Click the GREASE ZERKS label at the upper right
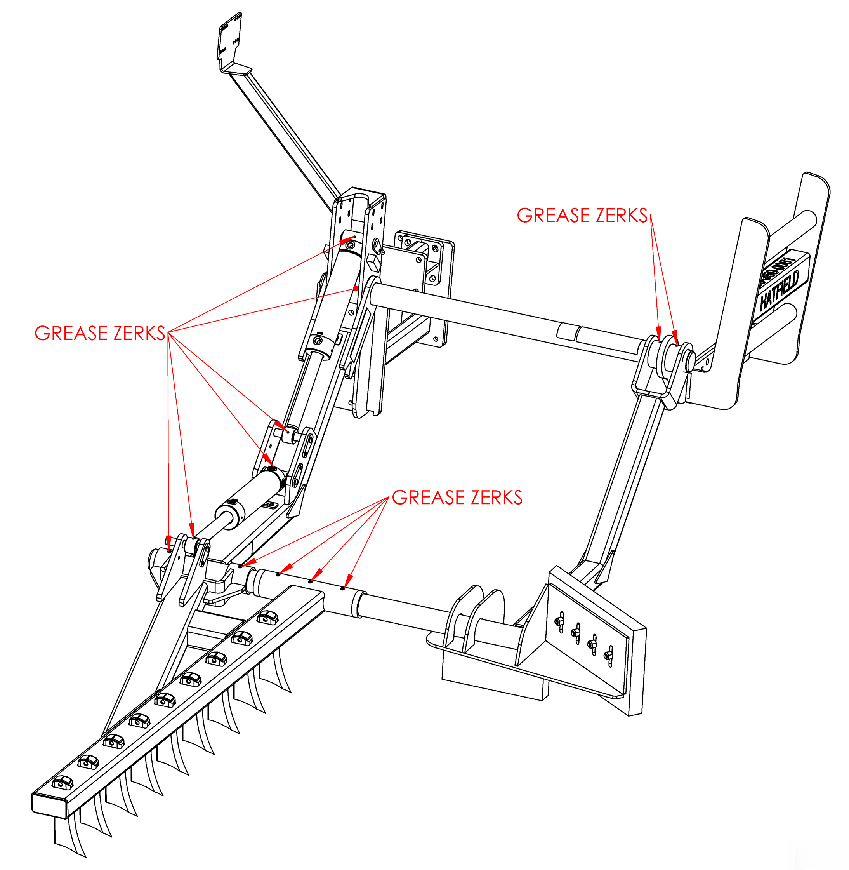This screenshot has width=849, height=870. (x=582, y=216)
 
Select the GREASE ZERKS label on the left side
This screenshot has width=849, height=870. (x=100, y=333)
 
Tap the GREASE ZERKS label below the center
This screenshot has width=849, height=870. (x=457, y=498)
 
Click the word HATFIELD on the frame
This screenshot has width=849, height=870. (x=780, y=290)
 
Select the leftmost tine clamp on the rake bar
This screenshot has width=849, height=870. (x=63, y=782)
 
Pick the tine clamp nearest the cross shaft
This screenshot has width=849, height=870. (x=267, y=618)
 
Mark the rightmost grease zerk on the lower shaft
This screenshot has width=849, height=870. (x=342, y=588)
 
